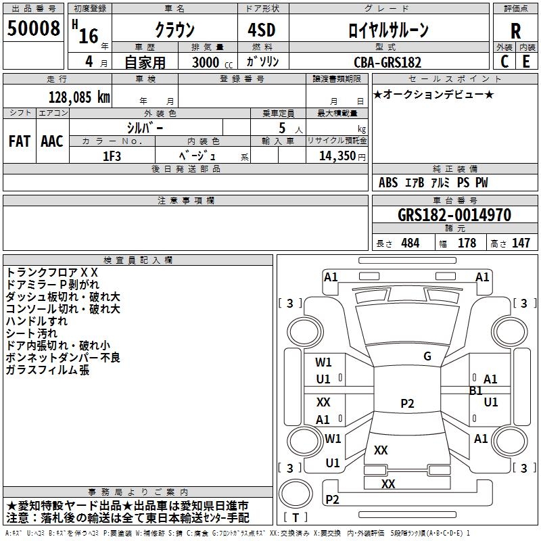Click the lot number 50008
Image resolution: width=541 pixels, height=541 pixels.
(x=34, y=30)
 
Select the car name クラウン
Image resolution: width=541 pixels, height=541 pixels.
(x=174, y=30)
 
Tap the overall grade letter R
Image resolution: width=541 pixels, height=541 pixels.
(x=515, y=31)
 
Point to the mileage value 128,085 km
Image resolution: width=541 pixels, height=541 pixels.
(x=79, y=97)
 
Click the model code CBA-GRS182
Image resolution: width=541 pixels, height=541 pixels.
(x=387, y=62)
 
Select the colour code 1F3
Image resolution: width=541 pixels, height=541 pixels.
(x=112, y=156)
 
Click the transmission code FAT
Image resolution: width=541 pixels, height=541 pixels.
(x=20, y=141)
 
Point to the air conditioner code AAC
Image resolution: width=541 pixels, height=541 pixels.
(x=52, y=141)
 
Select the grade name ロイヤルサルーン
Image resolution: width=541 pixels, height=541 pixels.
(x=388, y=30)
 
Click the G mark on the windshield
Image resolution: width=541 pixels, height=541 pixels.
(x=427, y=356)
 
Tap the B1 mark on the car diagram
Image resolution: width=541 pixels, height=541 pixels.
(x=476, y=391)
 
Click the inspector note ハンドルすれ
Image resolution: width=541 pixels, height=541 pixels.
(x=37, y=321)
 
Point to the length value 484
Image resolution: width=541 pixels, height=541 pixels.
(x=410, y=243)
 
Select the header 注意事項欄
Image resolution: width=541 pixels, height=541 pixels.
(x=186, y=201)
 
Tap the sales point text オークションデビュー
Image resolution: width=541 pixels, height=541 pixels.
(x=433, y=94)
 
